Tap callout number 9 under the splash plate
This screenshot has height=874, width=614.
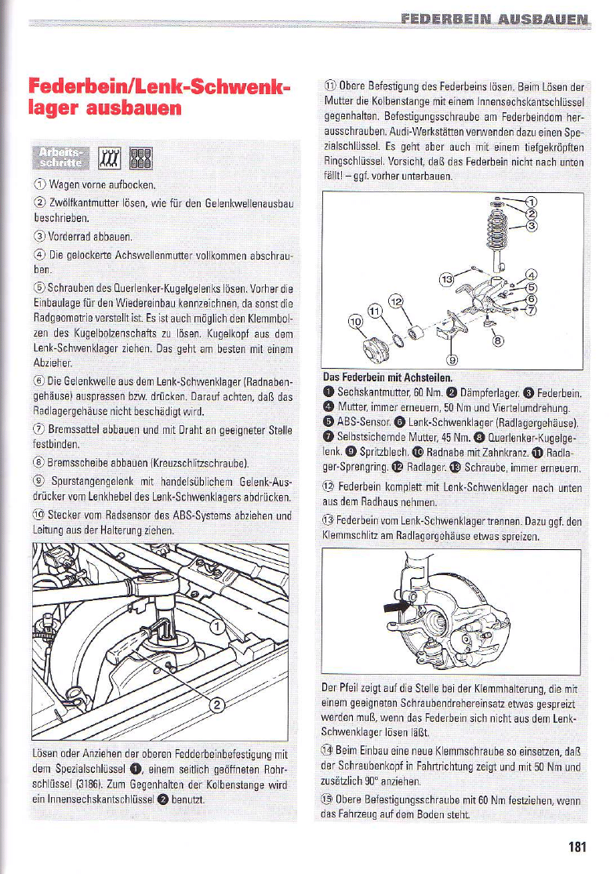coord(450,359)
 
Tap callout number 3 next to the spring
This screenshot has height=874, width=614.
coord(531,227)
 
